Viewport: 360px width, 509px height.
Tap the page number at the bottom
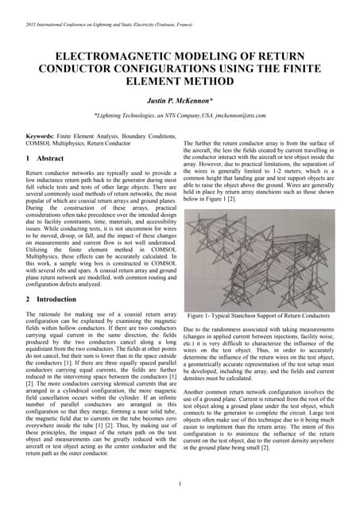click(x=180, y=484)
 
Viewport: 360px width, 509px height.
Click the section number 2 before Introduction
click(x=28, y=299)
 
